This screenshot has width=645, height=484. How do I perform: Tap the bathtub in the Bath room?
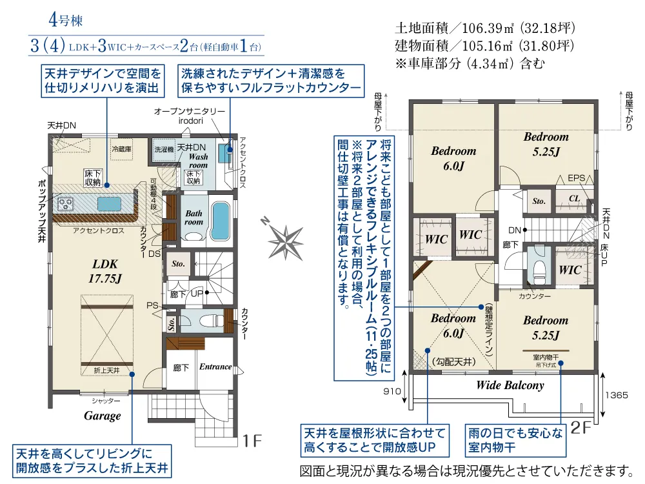[x=221, y=221]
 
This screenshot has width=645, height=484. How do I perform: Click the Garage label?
[x=103, y=416]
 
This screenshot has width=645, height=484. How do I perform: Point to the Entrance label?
[x=215, y=367]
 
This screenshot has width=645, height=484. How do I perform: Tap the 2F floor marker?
[x=580, y=428]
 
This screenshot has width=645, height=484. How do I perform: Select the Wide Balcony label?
[x=510, y=385]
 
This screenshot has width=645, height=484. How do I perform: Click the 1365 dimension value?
[x=617, y=396]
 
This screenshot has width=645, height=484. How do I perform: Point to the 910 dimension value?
[x=392, y=391]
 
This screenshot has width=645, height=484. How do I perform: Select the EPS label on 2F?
[x=576, y=178]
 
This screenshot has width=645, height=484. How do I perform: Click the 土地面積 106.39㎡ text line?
[x=484, y=29]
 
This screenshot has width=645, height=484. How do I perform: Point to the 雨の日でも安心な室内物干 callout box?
[x=515, y=439]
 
